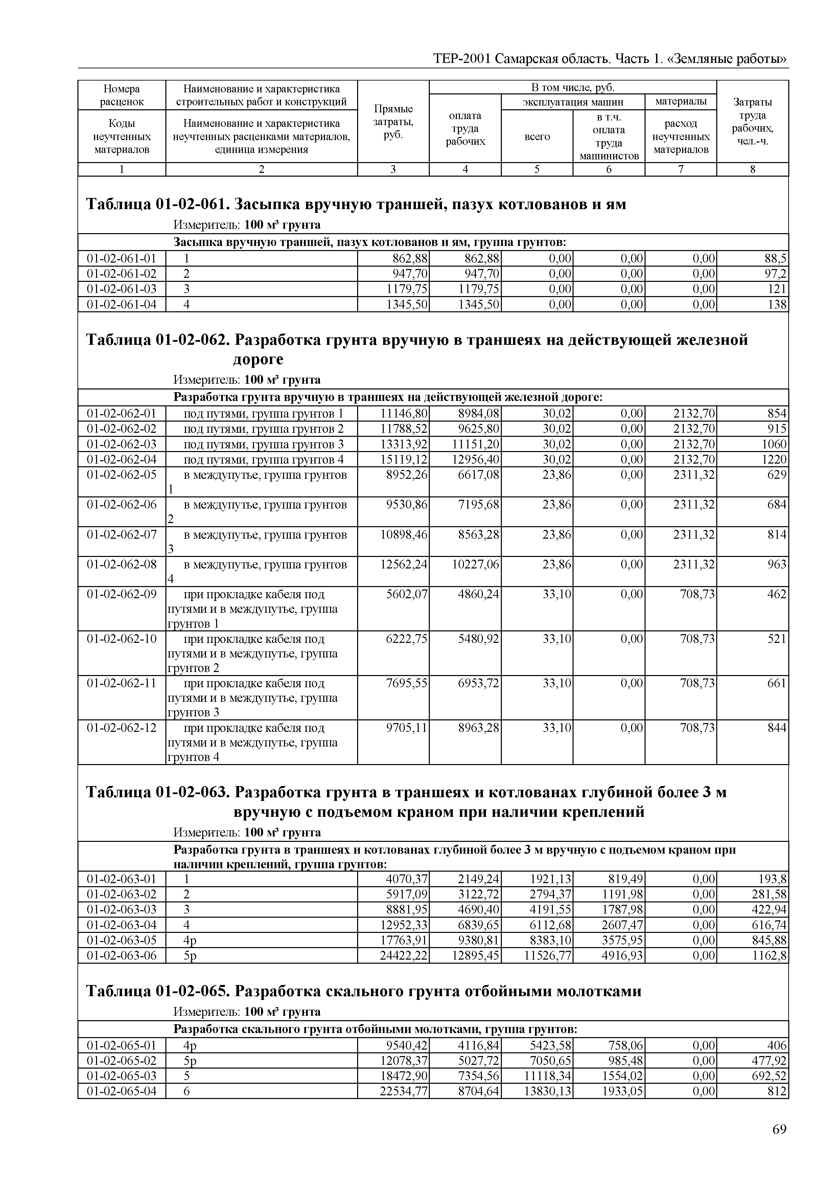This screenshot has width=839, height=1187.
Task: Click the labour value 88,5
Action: point(775,259)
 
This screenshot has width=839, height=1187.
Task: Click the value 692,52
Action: point(769,1076)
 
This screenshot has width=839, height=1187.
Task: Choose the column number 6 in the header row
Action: point(609,169)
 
